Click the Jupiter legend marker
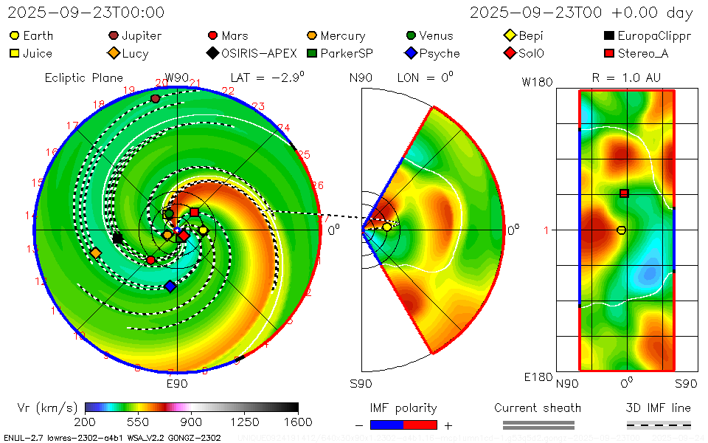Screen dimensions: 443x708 coord(114,35)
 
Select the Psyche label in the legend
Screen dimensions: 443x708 coord(440,53)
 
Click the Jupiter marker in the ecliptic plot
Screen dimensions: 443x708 coord(155,98)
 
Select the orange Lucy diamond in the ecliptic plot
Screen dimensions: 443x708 coord(96,253)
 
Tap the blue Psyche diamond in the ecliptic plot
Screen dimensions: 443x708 coord(170,286)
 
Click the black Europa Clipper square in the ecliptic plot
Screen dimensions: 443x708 coord(117,238)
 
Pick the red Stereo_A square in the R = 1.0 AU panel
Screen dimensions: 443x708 coord(624,193)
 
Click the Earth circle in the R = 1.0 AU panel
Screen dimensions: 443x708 coord(621,230)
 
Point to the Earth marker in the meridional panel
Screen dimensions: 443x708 coord(386,227)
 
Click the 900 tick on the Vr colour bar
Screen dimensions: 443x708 coord(192,422)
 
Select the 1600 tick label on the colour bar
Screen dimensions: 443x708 coord(298,422)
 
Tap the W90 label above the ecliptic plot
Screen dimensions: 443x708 coord(177,78)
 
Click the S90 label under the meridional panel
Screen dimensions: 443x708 coord(361,384)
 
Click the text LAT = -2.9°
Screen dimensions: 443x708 coord(267,77)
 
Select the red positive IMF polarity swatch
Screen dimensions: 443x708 coord(420,425)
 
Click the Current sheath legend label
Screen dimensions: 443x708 coord(538,408)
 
